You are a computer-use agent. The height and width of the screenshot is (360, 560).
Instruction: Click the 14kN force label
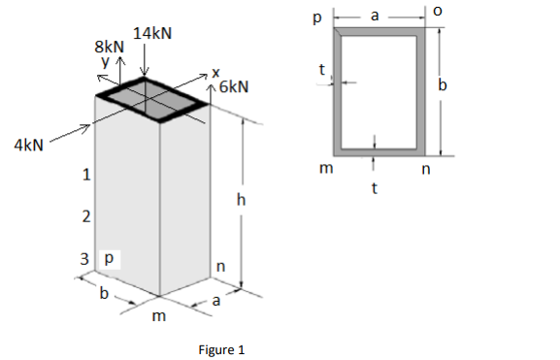click(152, 33)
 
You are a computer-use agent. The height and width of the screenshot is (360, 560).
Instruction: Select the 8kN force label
click(109, 46)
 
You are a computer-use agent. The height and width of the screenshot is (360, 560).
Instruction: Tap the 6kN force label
click(234, 87)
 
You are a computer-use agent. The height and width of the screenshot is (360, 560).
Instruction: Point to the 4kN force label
click(29, 146)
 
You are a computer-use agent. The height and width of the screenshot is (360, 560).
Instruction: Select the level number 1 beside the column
click(86, 176)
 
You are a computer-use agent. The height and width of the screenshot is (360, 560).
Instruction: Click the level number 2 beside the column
click(86, 216)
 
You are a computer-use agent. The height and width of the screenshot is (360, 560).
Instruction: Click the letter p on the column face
click(109, 259)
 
